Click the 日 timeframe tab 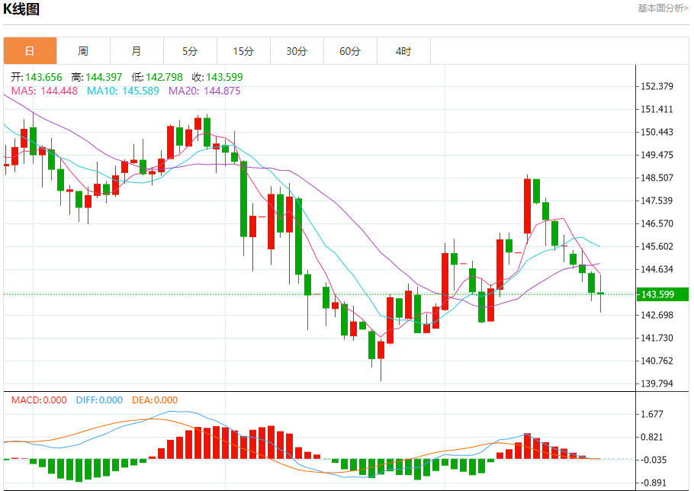point(30,51)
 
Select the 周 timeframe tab point(83,51)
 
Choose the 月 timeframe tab point(137,51)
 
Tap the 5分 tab point(190,51)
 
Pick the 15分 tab point(243,51)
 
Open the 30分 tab point(297,51)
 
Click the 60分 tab point(350,51)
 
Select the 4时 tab point(403,51)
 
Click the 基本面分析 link point(663,8)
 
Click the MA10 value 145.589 point(123,91)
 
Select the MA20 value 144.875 point(204,91)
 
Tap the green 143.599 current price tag point(662,294)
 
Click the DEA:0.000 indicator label point(155,400)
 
